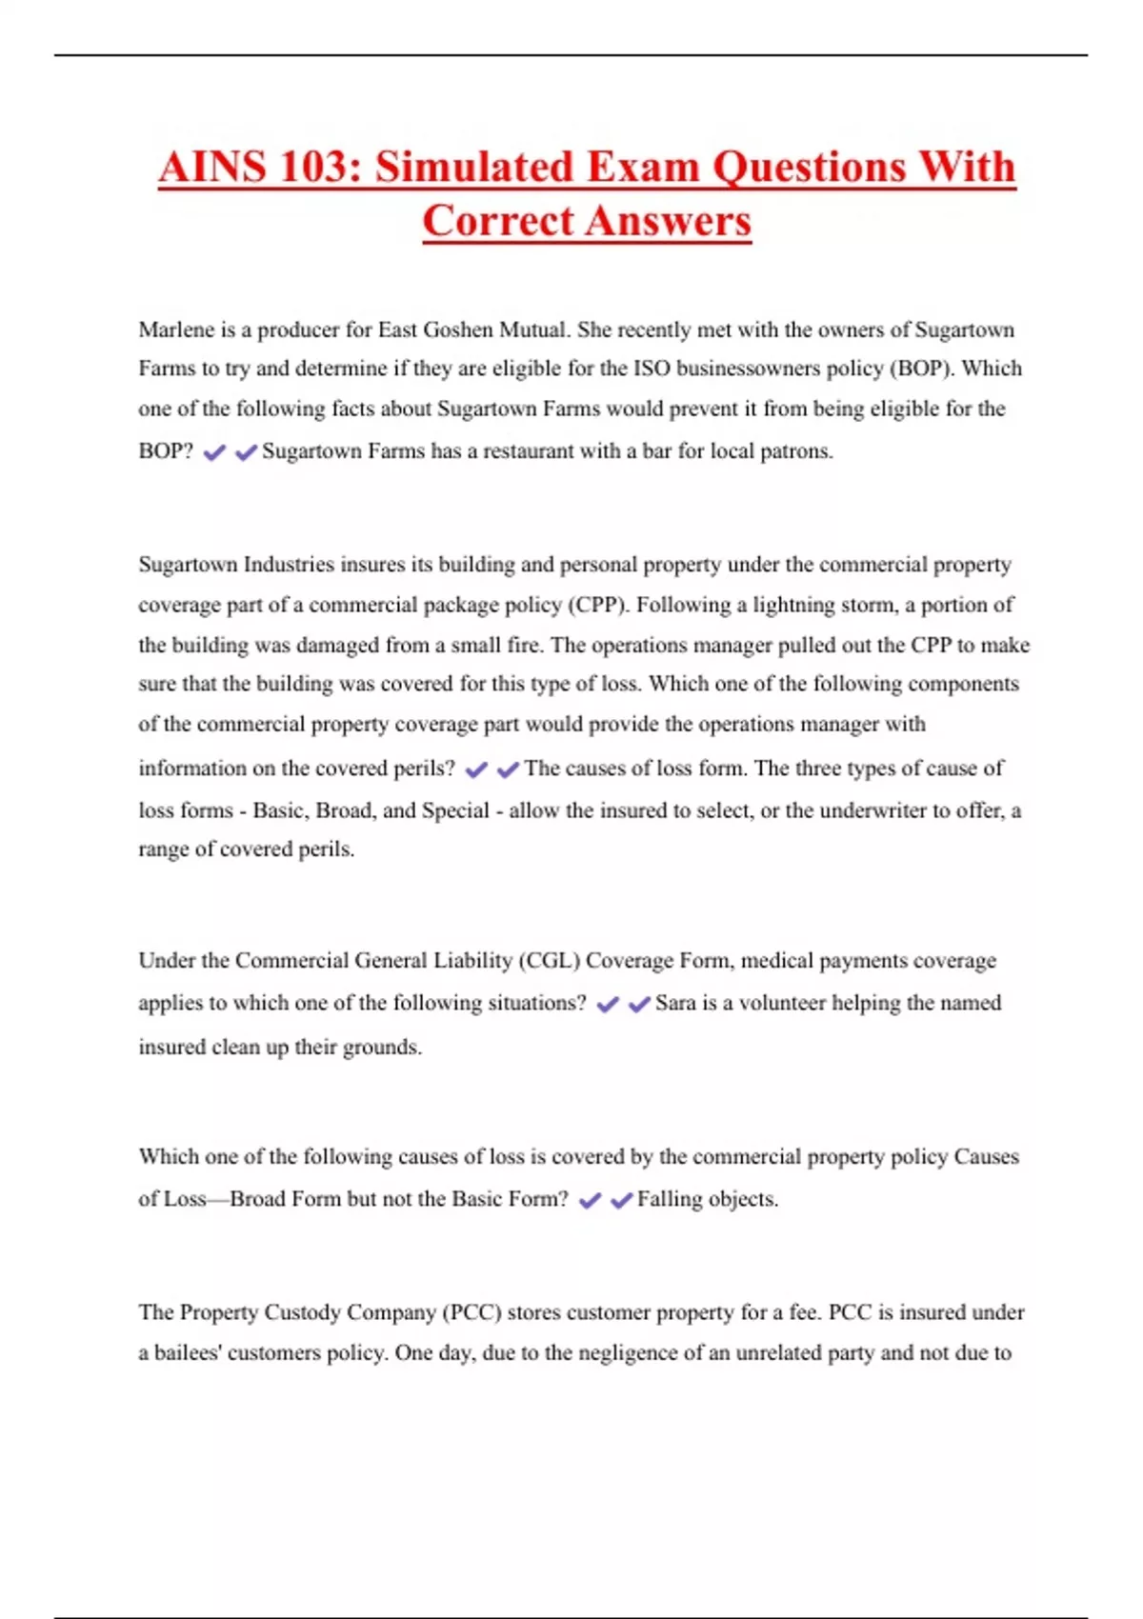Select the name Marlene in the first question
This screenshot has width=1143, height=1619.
176,330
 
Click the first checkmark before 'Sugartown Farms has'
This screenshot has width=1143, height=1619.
214,452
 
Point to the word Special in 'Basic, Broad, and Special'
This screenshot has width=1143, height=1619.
455,810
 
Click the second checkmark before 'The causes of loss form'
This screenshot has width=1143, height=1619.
508,770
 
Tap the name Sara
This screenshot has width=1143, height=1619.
675,1003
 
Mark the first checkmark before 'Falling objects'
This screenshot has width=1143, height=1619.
590,1200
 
